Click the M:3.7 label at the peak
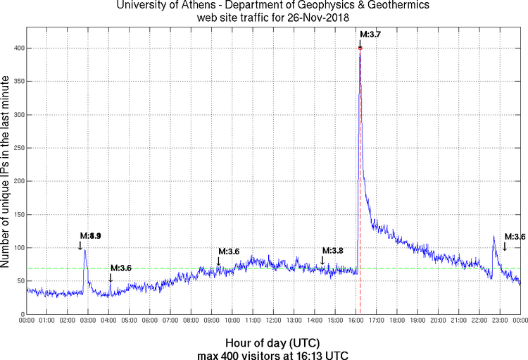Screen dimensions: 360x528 (x=370, y=34)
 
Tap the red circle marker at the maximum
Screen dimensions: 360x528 (x=360, y=48)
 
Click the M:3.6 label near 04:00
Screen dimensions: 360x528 (x=120, y=268)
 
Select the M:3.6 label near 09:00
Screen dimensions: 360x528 (x=229, y=252)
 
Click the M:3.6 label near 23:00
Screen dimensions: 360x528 (x=515, y=237)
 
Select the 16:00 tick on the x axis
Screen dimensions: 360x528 (x=356, y=321)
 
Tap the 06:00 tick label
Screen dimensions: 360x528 (x=149, y=321)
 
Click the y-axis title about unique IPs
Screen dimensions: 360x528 (x=6, y=169)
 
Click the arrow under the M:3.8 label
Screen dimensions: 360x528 (x=322, y=261)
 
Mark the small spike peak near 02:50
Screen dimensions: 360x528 (x=85, y=249)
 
